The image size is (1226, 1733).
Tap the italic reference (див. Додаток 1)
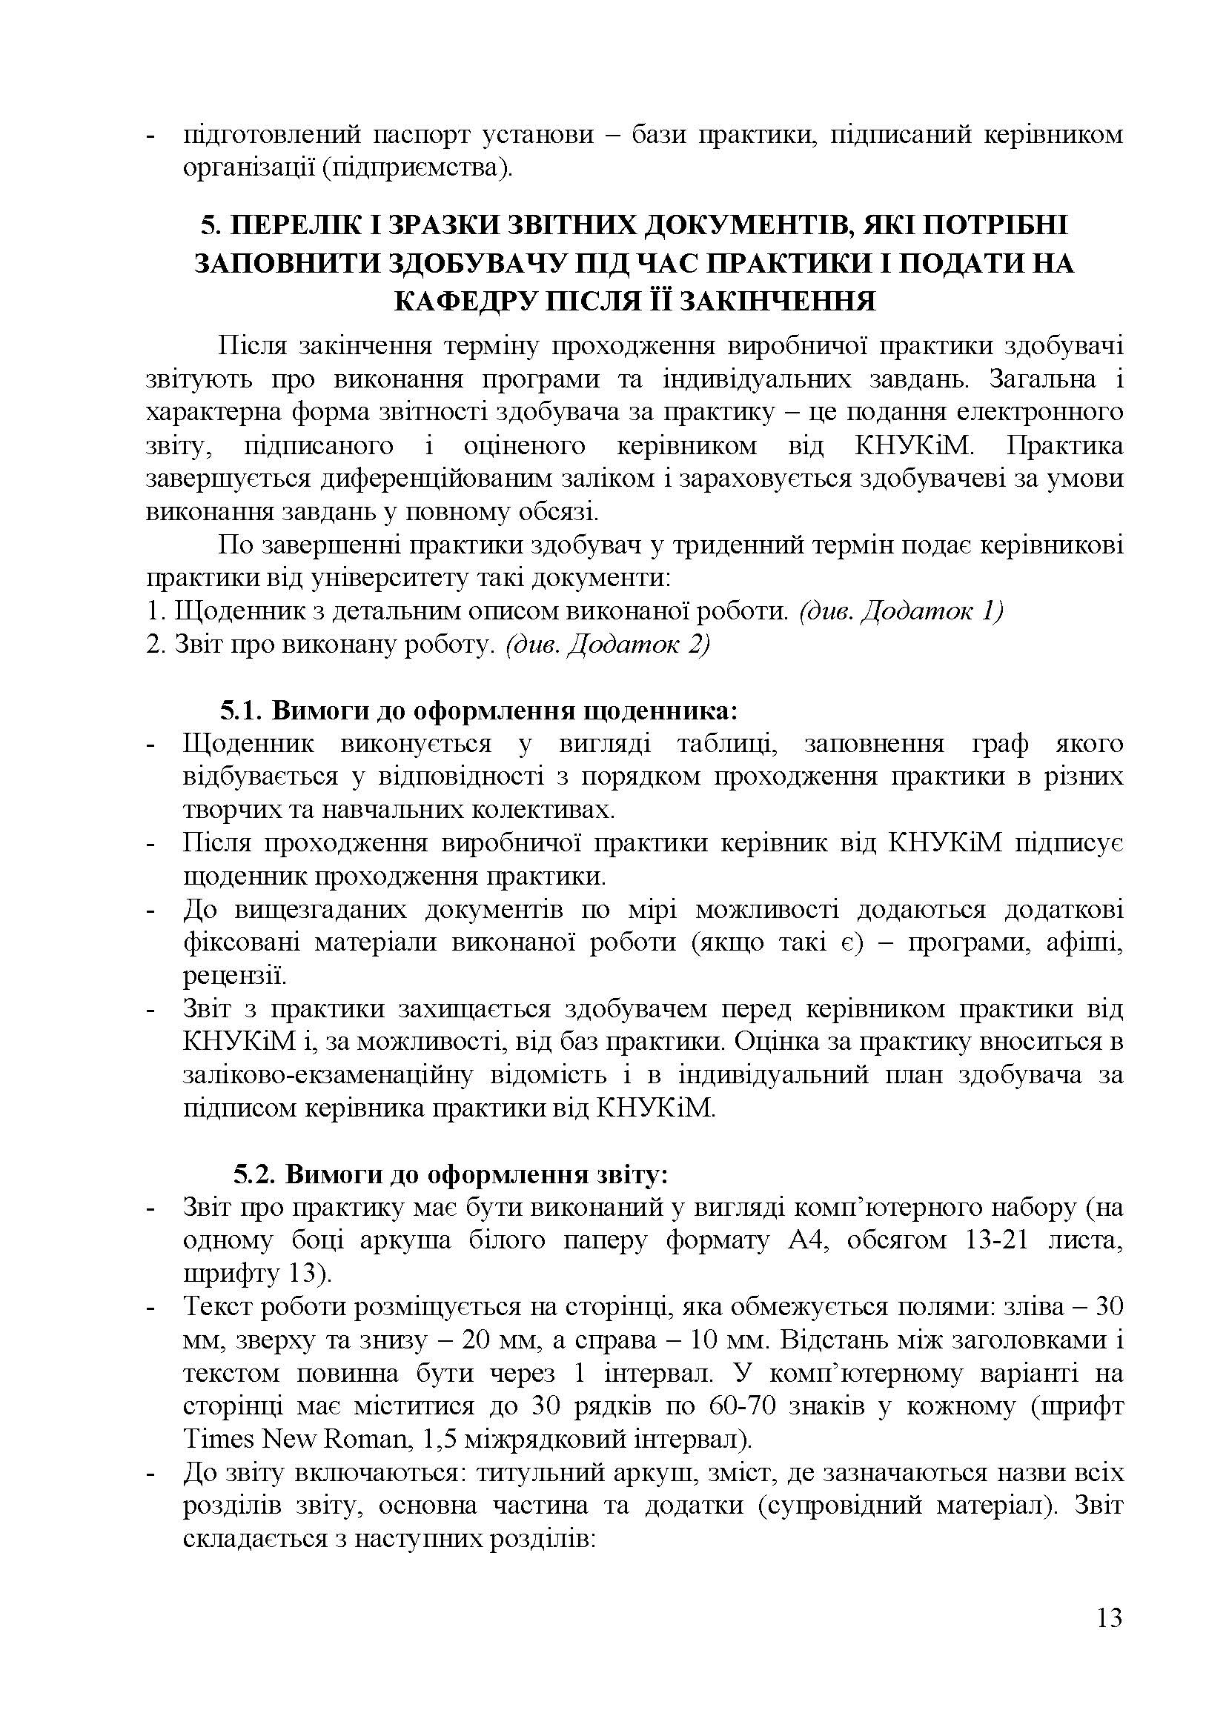coord(901,611)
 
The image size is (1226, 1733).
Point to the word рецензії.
coord(234,976)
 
